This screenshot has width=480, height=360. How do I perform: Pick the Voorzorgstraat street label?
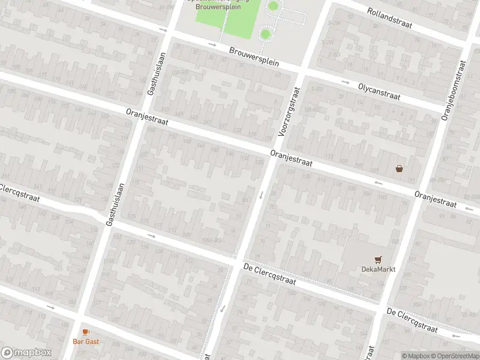[x=289, y=112]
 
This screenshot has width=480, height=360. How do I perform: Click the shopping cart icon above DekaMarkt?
[x=378, y=259]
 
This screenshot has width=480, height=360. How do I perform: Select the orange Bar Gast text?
[x=86, y=341]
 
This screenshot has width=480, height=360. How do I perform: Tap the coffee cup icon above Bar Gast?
[x=86, y=332]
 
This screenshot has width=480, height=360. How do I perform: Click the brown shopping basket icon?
[x=399, y=169]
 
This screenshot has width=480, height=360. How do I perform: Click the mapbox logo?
[x=26, y=353]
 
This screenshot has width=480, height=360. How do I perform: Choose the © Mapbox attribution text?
[x=415, y=356]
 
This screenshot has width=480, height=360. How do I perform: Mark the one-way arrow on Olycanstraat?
[x=346, y=82]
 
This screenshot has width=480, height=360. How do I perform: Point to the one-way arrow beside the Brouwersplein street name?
[x=212, y=44]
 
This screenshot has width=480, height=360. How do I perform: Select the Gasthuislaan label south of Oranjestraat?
[x=115, y=204]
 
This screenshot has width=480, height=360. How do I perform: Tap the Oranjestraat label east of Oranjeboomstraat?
[x=436, y=200]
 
